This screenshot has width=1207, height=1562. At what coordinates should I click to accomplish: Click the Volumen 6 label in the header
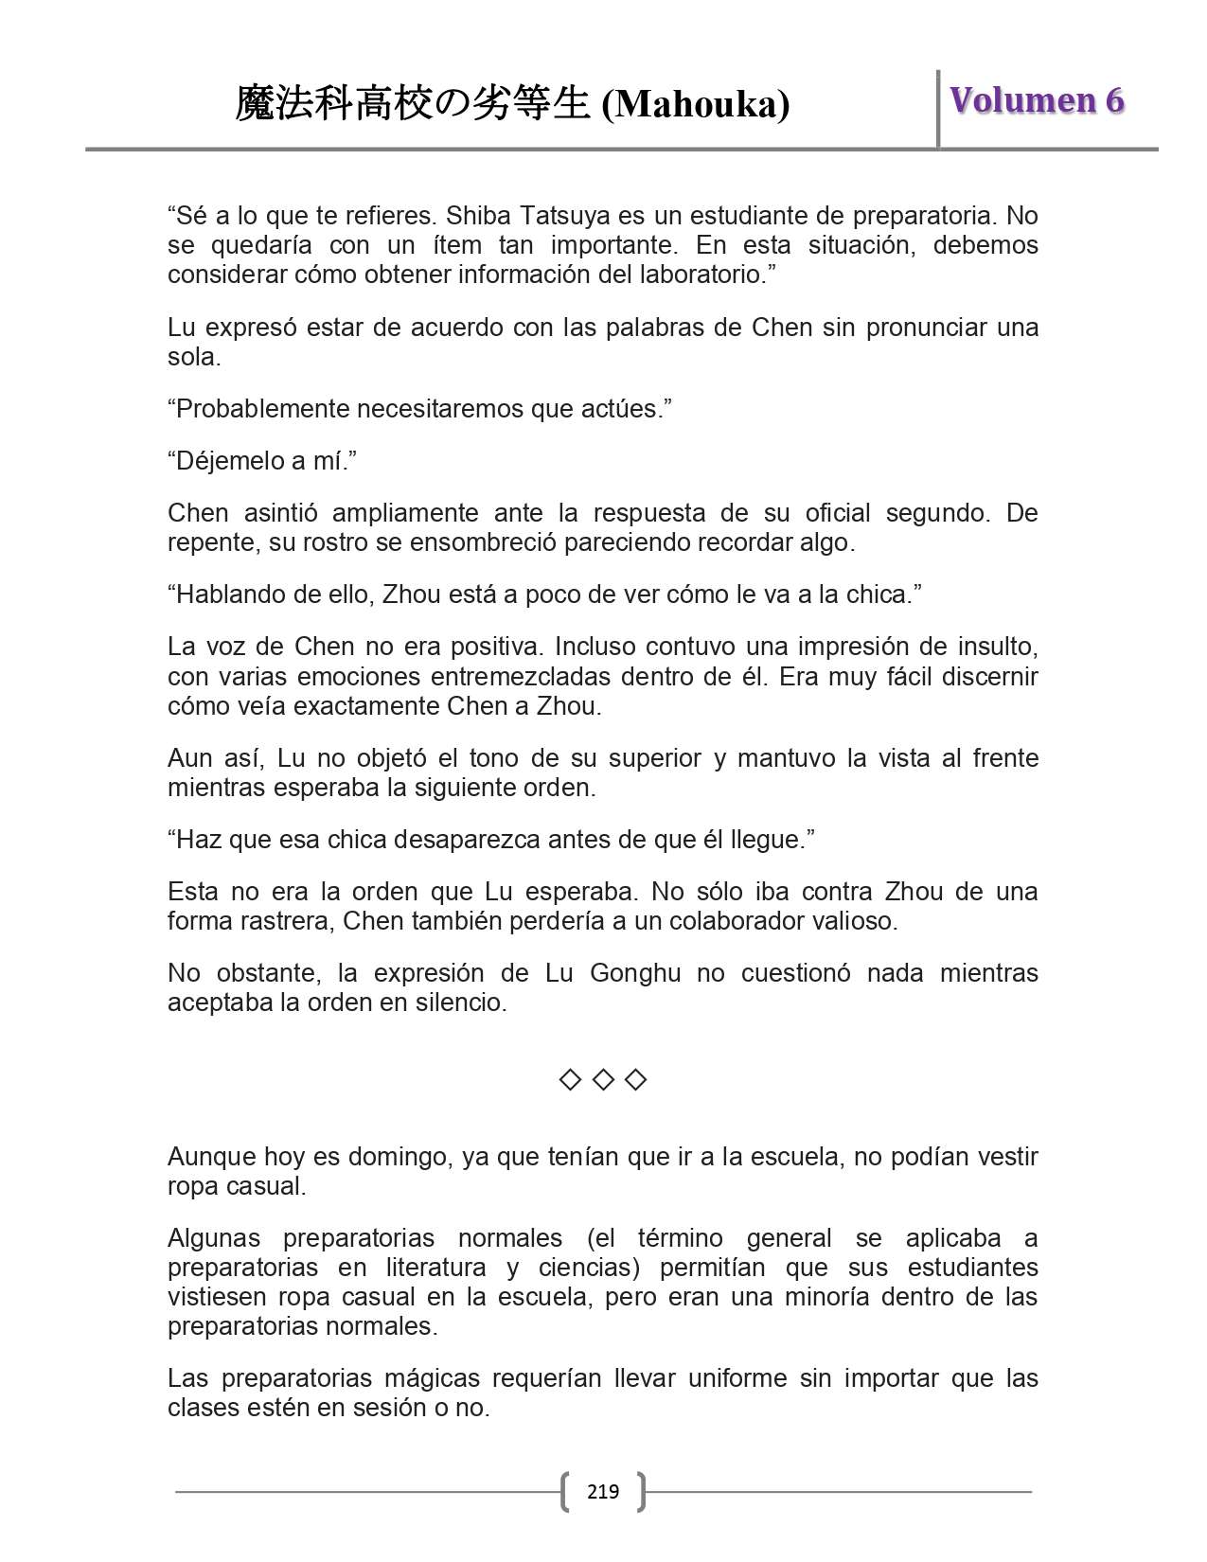1037,100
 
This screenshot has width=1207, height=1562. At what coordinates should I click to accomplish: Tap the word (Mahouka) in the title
696,104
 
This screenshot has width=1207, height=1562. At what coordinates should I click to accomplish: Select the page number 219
603,1492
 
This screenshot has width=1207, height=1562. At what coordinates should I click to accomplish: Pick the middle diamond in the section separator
603,1079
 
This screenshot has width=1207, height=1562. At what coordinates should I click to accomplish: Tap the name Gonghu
634,973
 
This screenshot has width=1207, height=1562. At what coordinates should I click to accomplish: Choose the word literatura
441,1268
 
